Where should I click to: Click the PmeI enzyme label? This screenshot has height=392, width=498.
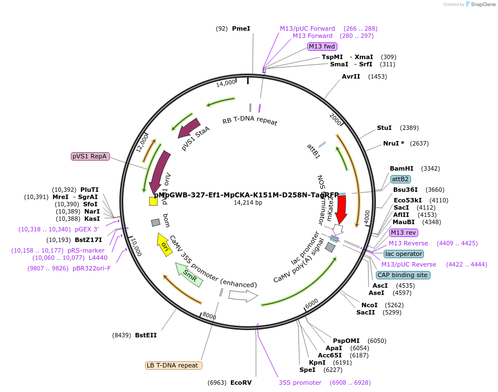point(241,28)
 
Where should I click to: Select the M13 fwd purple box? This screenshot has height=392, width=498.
point(322,46)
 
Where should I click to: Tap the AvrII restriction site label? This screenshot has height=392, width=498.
point(351,76)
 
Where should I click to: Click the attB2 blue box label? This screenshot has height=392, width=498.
point(400,179)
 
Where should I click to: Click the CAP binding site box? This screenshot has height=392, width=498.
point(403,275)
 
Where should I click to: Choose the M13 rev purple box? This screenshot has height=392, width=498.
point(403,233)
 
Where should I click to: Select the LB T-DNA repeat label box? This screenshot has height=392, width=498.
point(173,365)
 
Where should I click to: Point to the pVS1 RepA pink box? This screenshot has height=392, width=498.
point(90,156)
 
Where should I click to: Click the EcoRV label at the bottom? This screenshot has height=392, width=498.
point(241,383)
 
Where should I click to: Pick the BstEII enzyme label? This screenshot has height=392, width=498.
point(146,335)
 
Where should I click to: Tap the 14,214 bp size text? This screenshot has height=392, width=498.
point(248,202)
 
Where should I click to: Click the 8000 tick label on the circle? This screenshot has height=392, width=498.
point(209,316)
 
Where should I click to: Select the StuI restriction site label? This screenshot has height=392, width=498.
point(384,128)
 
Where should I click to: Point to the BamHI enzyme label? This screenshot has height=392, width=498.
point(402,168)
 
